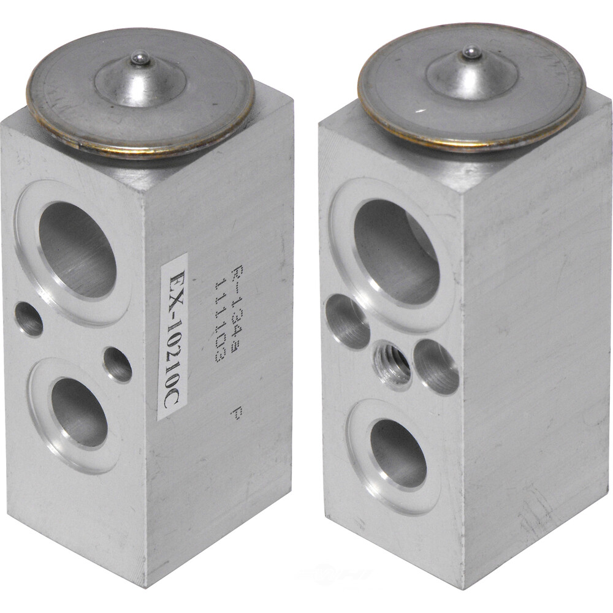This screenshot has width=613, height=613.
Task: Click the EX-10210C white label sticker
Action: (x=172, y=337)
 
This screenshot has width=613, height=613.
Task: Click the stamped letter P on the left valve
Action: (x=235, y=414)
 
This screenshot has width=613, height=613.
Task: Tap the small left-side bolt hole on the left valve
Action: (x=29, y=319)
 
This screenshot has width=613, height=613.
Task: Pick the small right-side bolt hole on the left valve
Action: (x=118, y=364)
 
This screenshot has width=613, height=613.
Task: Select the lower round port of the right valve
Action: (x=398, y=453)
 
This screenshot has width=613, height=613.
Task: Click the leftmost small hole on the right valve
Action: (x=347, y=321)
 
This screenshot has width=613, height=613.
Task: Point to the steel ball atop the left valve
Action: (x=140, y=58)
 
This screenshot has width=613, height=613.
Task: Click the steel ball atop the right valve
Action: (x=471, y=53)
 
